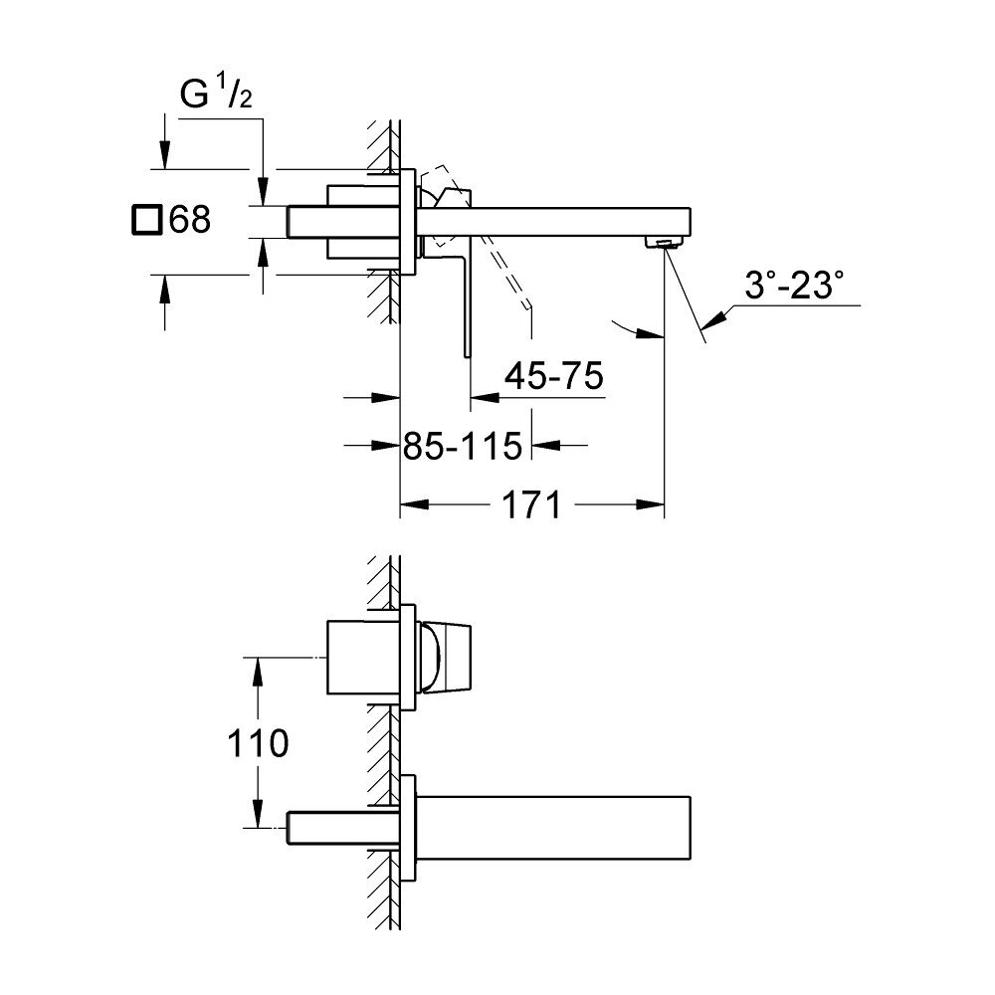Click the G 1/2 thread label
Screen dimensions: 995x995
click(216, 94)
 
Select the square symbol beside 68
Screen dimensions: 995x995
click(146, 220)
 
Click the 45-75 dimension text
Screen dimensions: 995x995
click(554, 376)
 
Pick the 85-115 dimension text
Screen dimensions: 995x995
click(463, 446)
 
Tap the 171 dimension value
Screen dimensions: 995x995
click(531, 505)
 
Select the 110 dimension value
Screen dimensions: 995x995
click(258, 743)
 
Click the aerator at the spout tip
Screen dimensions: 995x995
click(664, 242)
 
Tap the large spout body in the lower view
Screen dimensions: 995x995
click(553, 828)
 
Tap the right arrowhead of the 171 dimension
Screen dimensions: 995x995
click(650, 505)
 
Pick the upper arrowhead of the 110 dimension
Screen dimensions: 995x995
click(258, 672)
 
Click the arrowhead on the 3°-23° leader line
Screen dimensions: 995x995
click(714, 319)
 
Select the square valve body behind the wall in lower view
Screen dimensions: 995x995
click(363, 657)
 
